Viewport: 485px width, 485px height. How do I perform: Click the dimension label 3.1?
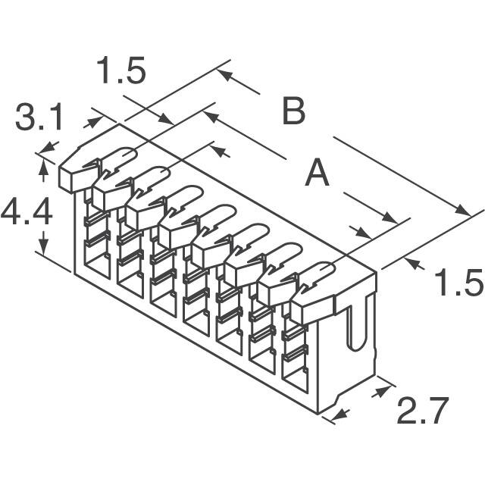pos(39,118)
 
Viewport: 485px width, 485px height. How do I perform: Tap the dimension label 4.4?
pos(27,212)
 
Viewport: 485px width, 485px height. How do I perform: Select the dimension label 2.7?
pos(423,411)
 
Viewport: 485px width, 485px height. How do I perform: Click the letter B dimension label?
pos(294,111)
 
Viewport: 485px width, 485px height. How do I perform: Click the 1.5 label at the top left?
pos(121,70)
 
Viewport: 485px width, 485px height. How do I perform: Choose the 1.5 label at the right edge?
pos(459,283)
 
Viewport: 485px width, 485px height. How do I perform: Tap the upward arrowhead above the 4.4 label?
pos(43,166)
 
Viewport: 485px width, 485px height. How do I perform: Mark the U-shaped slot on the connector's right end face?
pos(356,329)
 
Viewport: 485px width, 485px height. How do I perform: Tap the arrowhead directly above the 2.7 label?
pos(381,391)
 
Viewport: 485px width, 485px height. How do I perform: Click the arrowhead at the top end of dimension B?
pos(225,74)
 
